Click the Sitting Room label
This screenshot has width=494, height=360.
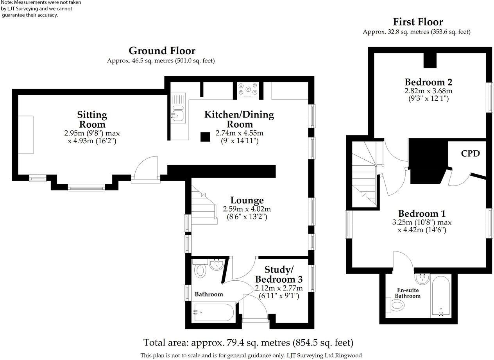[92, 119]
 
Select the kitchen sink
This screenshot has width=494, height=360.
[178, 114]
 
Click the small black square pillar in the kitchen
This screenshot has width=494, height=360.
[205, 137]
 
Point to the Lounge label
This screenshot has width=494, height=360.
[247, 200]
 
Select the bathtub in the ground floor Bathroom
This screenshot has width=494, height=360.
[213, 312]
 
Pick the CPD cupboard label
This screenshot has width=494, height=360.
[470, 153]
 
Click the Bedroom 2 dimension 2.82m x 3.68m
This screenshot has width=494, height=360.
[428, 91]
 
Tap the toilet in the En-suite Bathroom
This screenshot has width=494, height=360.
[396, 305]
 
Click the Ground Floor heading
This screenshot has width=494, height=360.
[162, 51]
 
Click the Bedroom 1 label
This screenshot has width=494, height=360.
[422, 214]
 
